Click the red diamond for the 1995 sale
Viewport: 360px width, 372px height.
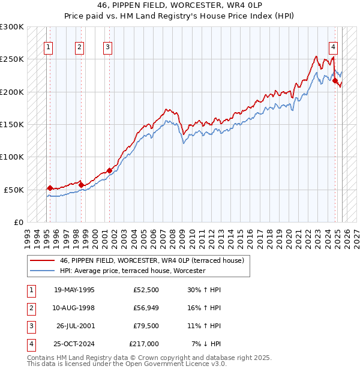tap(50, 188)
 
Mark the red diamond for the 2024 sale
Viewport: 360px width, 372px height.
tap(335, 81)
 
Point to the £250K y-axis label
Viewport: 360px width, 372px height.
tap(12, 59)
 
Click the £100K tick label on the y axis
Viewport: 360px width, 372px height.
tap(12, 157)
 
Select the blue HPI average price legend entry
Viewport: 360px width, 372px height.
tap(132, 271)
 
